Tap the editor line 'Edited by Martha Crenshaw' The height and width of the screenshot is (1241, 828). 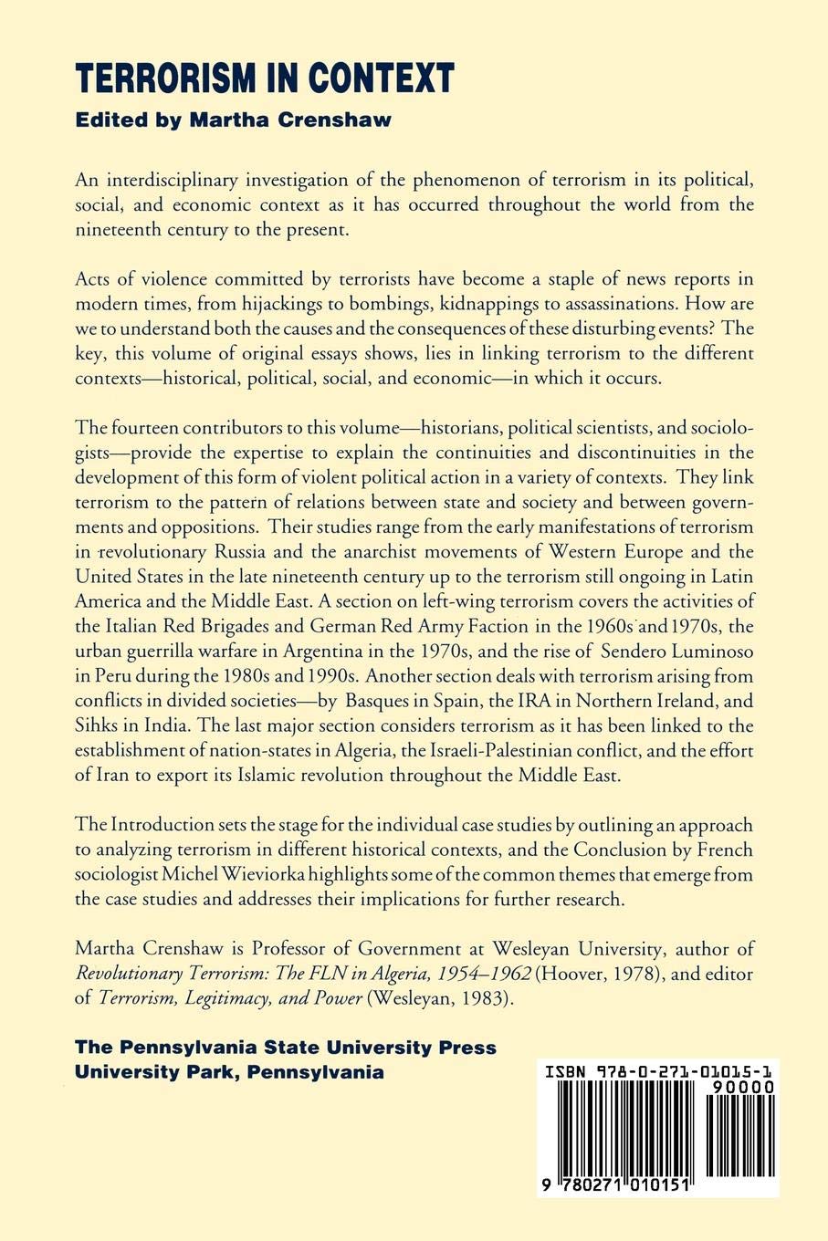(234, 120)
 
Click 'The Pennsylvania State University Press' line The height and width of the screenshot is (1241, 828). (287, 1047)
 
